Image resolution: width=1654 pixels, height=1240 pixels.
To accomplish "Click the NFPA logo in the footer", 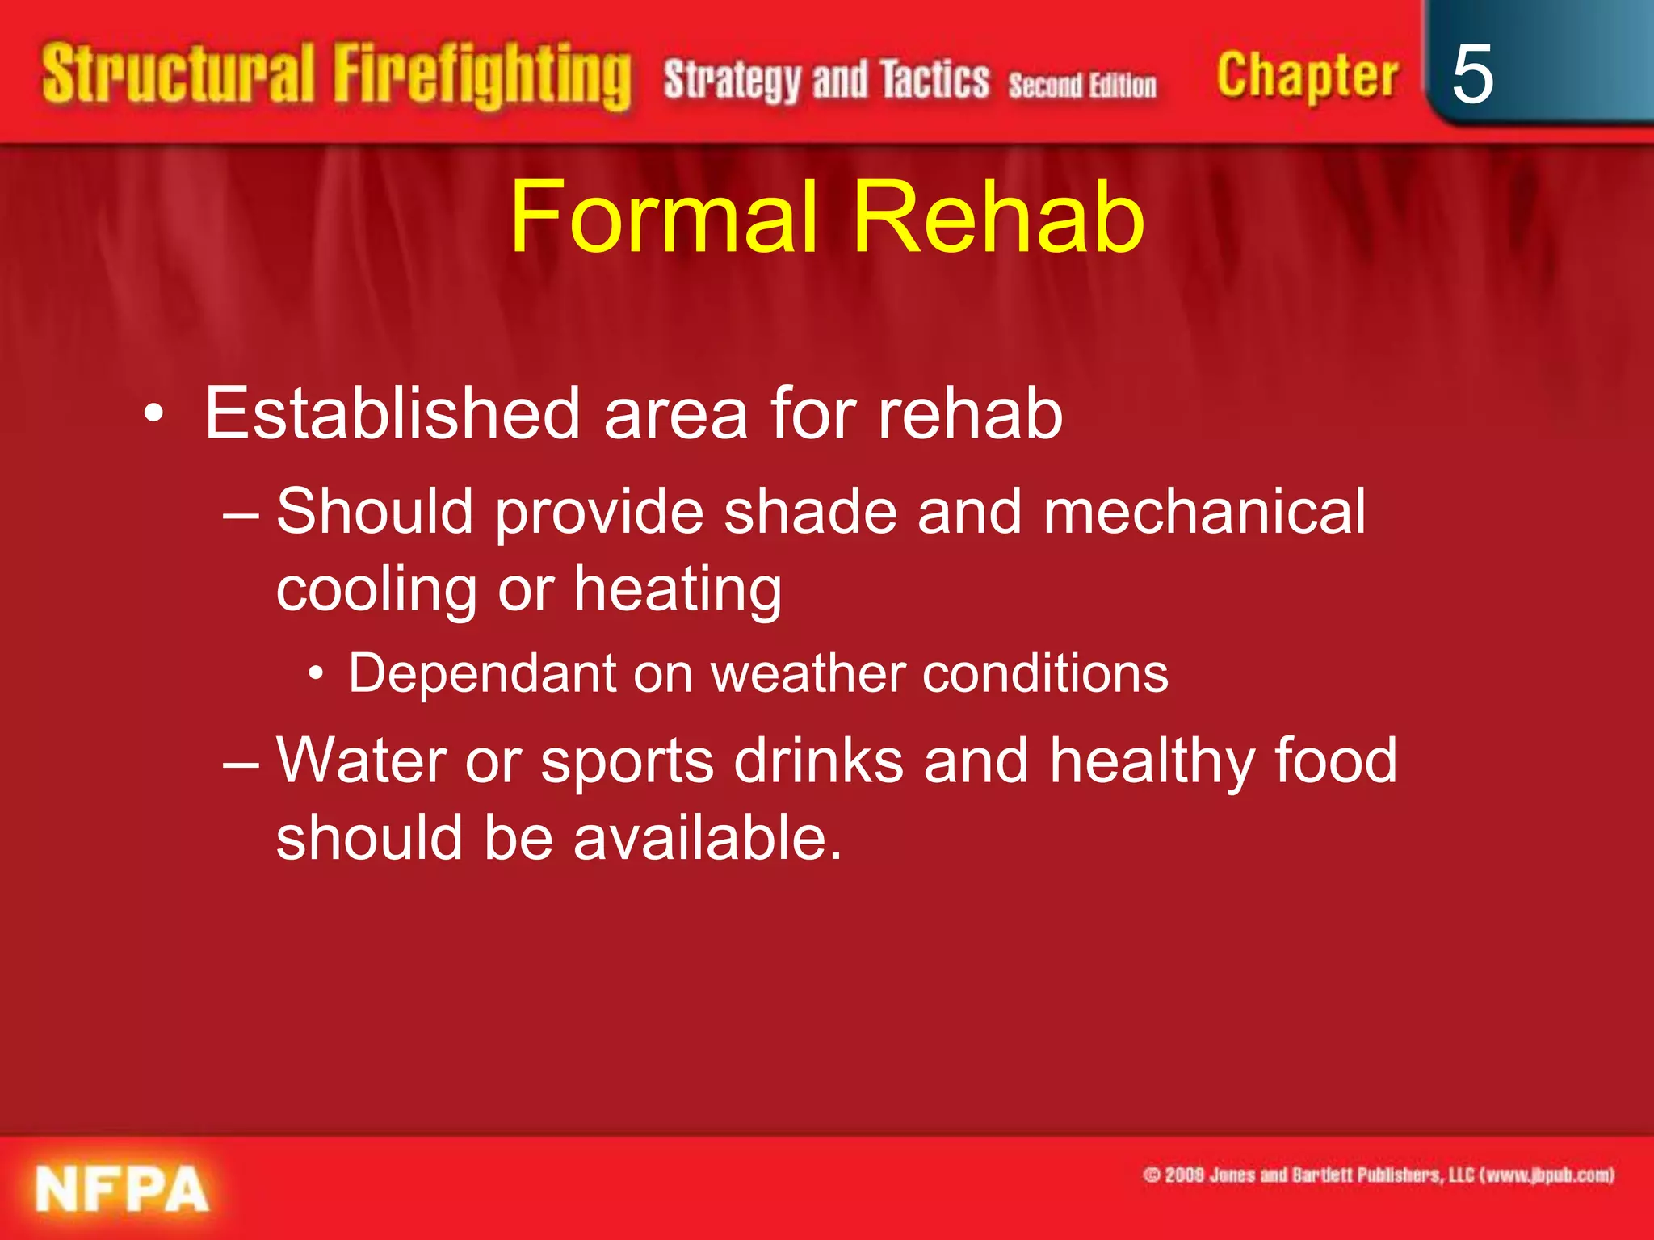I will click(x=122, y=1188).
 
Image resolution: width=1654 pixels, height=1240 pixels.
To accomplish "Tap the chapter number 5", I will click(x=1471, y=75).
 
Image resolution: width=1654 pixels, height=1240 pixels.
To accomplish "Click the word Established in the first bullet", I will click(x=393, y=413).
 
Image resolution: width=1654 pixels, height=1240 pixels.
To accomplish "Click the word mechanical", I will click(x=1204, y=512).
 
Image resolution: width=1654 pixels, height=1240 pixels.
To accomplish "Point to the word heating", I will click(x=678, y=589).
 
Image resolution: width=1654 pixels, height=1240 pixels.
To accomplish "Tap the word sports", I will click(x=627, y=762).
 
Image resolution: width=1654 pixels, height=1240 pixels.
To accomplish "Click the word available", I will click(x=707, y=838).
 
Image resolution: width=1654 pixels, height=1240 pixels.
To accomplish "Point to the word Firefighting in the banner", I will click(x=481, y=77).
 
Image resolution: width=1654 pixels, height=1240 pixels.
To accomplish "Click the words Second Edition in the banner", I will click(x=1082, y=84).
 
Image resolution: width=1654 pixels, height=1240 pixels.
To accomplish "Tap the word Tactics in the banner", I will click(x=934, y=80).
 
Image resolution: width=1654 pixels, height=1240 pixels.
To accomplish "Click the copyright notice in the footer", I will click(x=1378, y=1175).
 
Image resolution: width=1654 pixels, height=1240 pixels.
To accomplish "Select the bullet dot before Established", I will click(x=153, y=415).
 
